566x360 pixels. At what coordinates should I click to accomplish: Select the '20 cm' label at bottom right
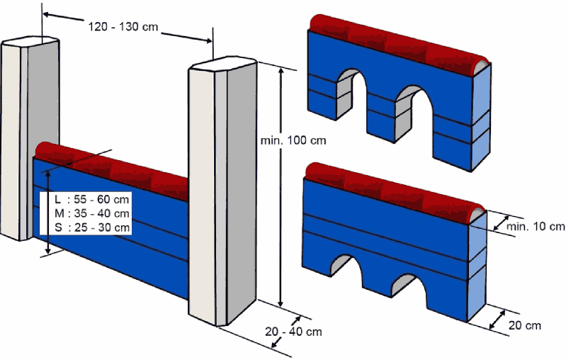coord(524,325)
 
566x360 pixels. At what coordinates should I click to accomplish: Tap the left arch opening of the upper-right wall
coord(351,96)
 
